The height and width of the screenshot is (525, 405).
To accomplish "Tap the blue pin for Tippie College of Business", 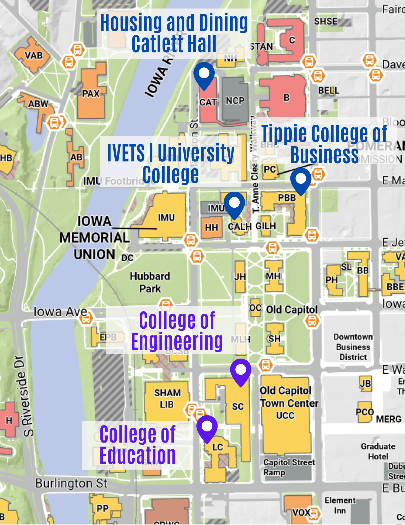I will tap(301, 180).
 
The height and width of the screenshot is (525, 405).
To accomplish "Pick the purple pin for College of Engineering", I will tap(241, 370).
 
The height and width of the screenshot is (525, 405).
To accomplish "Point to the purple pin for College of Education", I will tap(207, 427).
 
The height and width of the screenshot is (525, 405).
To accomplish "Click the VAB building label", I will tap(34, 55).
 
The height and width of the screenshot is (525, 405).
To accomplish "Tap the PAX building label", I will tap(91, 93).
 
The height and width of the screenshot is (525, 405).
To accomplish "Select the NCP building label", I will tap(235, 101).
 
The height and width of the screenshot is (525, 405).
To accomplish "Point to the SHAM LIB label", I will tap(167, 398).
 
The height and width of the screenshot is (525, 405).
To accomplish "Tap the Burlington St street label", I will tap(71, 483).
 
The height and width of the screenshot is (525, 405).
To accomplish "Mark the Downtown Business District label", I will tap(353, 347).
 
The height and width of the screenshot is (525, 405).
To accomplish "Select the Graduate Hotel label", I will tap(378, 451).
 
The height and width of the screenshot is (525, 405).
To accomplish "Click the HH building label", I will tap(211, 227).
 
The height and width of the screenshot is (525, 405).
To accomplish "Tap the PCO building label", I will tap(364, 412).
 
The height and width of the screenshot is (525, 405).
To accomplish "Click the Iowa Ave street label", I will tap(60, 312).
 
